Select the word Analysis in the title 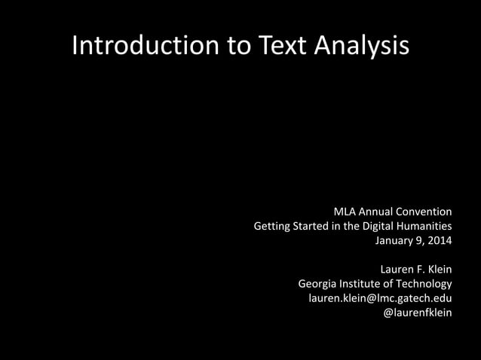click(363, 47)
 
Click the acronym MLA click(345, 211)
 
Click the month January click(396, 241)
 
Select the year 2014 click(438, 241)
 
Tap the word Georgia click(318, 284)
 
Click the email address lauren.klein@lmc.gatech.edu click(380, 298)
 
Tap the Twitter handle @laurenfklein click(418, 313)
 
